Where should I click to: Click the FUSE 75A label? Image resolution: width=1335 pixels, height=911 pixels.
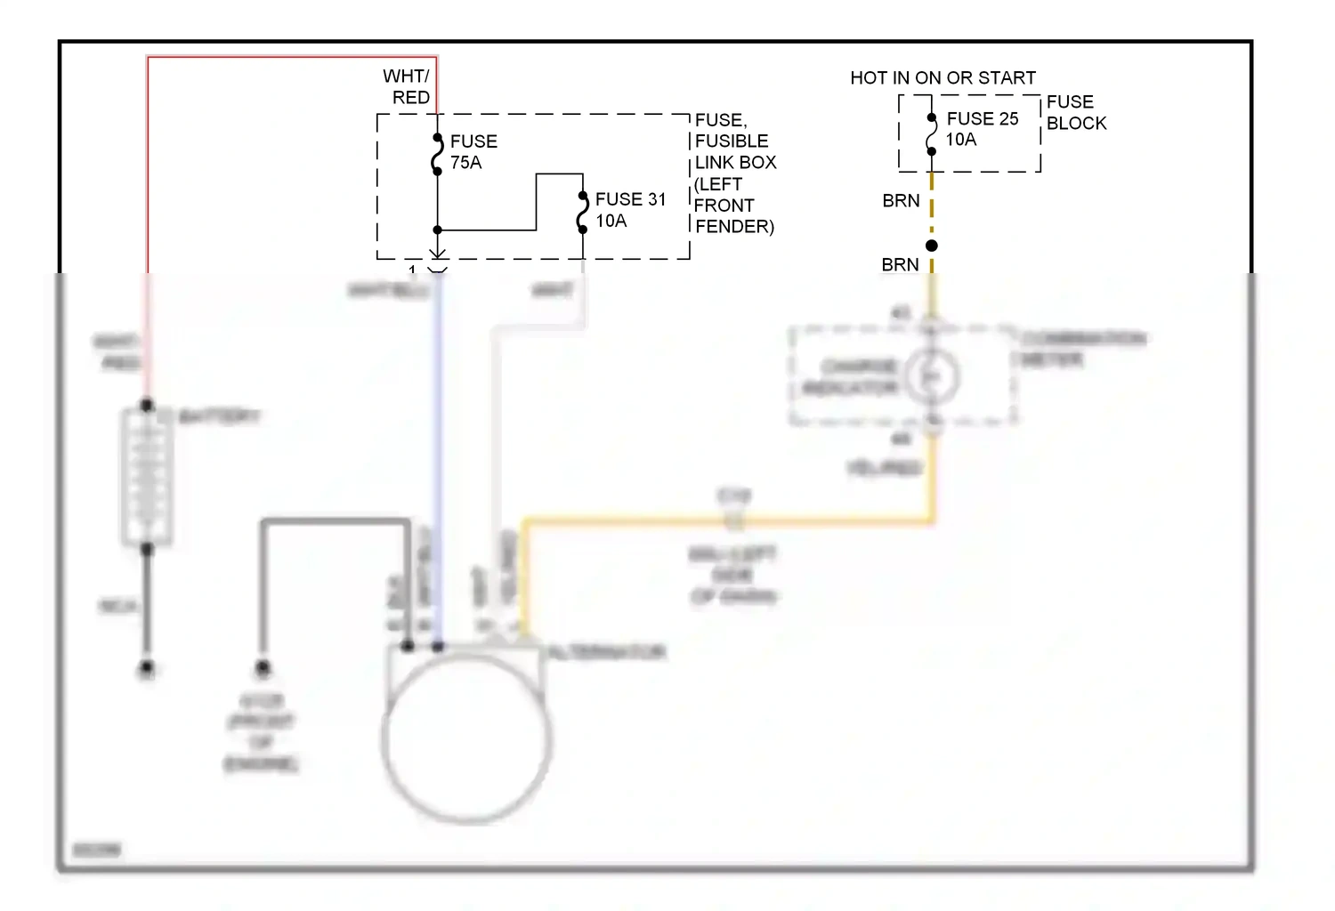tap(473, 152)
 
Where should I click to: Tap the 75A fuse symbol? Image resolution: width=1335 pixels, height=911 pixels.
tap(437, 155)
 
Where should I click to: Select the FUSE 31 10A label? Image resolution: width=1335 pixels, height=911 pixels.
tap(630, 210)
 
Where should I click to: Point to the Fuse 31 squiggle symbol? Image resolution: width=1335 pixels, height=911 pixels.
tap(583, 212)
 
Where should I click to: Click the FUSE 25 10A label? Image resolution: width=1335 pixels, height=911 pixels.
tap(982, 129)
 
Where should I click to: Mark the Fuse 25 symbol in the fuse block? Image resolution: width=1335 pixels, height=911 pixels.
tap(932, 134)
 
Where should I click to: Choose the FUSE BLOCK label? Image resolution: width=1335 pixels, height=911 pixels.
tap(1076, 112)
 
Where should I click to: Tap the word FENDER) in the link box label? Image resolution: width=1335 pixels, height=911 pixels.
tap(734, 227)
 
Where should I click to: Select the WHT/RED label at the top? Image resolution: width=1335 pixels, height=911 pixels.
tap(407, 86)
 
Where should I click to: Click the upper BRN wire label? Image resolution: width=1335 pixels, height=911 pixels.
tap(901, 201)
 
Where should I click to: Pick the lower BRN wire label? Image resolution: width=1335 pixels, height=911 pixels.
tap(900, 265)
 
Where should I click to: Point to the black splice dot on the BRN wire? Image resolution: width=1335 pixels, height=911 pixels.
tap(932, 246)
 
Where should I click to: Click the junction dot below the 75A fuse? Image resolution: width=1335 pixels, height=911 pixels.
tap(437, 230)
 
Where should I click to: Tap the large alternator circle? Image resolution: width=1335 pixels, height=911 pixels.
tap(466, 738)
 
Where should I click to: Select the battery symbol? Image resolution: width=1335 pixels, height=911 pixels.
tap(147, 476)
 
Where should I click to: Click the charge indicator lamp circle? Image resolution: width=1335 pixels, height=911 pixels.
tap(932, 377)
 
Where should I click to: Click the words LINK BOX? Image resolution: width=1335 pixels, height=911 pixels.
tap(735, 163)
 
